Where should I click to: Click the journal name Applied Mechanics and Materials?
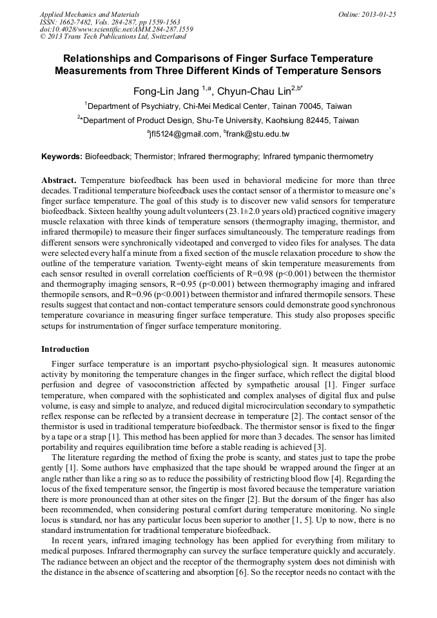coord(89,14)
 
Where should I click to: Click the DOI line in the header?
coord(116,29)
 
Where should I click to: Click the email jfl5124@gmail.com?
coord(184,135)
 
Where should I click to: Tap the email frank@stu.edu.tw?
coord(258,135)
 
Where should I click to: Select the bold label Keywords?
coord(62,157)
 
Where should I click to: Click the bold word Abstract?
coord(59,180)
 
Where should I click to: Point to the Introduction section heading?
coord(65,349)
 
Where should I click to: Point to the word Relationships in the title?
coord(102,58)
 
